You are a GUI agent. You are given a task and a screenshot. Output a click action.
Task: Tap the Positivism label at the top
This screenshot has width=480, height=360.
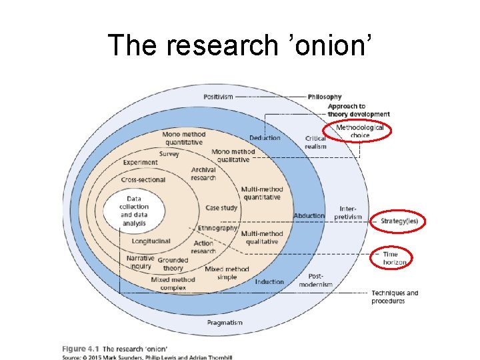(x=219, y=97)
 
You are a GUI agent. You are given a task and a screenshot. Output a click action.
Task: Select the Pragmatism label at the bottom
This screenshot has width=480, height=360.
(x=225, y=323)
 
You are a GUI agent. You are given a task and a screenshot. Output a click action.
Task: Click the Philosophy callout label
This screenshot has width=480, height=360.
(x=325, y=97)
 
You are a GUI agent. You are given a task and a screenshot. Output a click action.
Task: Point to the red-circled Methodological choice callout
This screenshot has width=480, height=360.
(x=359, y=131)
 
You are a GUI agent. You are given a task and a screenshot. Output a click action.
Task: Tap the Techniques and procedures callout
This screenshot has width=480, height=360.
(x=395, y=297)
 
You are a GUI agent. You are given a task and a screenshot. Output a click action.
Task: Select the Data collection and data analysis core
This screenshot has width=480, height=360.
(x=134, y=211)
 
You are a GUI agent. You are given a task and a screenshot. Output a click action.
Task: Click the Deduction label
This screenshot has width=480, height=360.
(x=265, y=138)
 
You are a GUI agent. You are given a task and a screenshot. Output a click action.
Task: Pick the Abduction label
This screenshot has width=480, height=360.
(x=309, y=215)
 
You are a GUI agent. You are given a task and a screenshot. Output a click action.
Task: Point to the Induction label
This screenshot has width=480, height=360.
(x=269, y=281)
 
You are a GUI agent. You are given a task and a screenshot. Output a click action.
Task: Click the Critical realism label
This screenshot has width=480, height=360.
(x=315, y=143)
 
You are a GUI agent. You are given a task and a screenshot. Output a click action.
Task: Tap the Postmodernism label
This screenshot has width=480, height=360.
(x=315, y=280)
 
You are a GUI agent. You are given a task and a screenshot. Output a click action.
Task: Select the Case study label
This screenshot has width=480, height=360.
(x=221, y=208)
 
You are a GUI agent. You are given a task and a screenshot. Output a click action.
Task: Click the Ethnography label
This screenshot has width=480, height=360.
(x=217, y=228)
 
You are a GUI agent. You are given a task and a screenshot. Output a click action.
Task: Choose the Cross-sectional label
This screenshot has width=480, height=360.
(x=143, y=180)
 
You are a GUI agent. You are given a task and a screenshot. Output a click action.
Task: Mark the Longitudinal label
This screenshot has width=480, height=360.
(x=151, y=241)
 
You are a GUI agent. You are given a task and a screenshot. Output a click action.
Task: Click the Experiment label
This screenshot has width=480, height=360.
(x=141, y=162)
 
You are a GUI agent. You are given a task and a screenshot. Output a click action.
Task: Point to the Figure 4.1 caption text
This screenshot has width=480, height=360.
(x=115, y=349)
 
